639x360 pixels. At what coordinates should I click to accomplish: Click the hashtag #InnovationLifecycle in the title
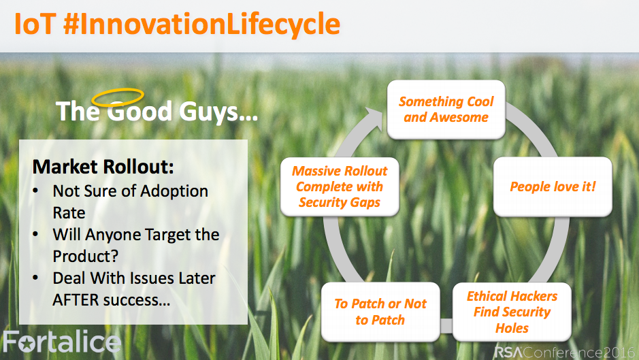pos(201,24)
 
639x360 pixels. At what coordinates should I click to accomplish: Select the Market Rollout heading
pos(103,167)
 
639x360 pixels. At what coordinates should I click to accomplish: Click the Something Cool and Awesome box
pos(446,110)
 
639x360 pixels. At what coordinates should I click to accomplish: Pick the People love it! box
pos(553,186)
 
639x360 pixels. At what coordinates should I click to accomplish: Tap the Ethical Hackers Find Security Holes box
pos(512,312)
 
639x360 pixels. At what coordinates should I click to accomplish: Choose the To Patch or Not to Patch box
pos(380,312)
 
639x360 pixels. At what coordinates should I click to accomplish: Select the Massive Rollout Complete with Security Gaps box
pos(340,186)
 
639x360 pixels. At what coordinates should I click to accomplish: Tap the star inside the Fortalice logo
pos(27,344)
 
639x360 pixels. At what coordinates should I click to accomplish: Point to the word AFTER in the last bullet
pos(76,300)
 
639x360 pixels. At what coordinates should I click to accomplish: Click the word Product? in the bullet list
pos(86,257)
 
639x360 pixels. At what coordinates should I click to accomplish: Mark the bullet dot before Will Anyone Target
pos(36,234)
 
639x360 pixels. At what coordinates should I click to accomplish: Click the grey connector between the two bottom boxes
pos(446,326)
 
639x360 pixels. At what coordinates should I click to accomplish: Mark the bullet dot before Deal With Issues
pos(36,278)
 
